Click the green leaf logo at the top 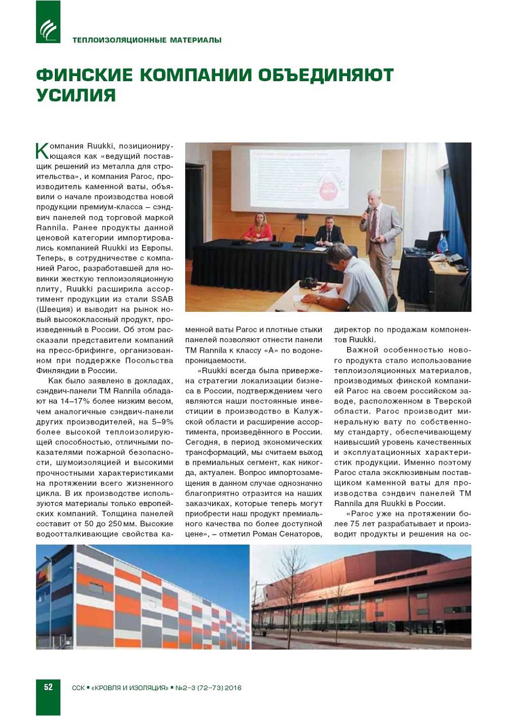48,22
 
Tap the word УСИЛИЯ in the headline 76,96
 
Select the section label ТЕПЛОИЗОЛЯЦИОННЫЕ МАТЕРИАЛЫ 147,40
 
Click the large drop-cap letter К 42,150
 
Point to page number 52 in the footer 48,687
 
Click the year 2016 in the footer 233,688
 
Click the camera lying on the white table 309,282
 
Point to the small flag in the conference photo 443,241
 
